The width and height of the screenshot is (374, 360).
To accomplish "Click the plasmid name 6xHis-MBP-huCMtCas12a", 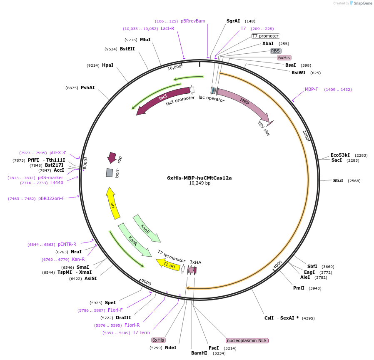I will (x=199, y=177).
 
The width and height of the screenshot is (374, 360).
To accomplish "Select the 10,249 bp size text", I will (x=199, y=183).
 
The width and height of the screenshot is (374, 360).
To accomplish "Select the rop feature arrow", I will (x=112, y=157).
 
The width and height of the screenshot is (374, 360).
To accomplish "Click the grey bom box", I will (x=109, y=172).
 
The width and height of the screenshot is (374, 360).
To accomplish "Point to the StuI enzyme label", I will (x=338, y=180).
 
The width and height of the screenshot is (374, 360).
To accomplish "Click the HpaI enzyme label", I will (x=107, y=65).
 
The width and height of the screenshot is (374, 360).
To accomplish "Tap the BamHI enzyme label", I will (x=199, y=353).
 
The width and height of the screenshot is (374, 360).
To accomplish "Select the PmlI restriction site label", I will (x=299, y=288).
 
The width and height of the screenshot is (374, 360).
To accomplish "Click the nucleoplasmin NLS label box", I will (x=247, y=340).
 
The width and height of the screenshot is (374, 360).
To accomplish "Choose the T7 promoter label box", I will (x=265, y=36).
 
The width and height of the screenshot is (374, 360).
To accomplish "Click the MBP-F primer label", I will (x=312, y=89).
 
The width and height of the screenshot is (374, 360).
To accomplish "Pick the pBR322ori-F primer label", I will (x=51, y=198).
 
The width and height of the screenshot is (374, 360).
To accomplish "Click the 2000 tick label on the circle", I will (x=306, y=135).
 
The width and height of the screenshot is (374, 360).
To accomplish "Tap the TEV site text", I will (x=264, y=129).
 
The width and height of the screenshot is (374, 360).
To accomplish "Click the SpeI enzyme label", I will (x=110, y=302).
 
